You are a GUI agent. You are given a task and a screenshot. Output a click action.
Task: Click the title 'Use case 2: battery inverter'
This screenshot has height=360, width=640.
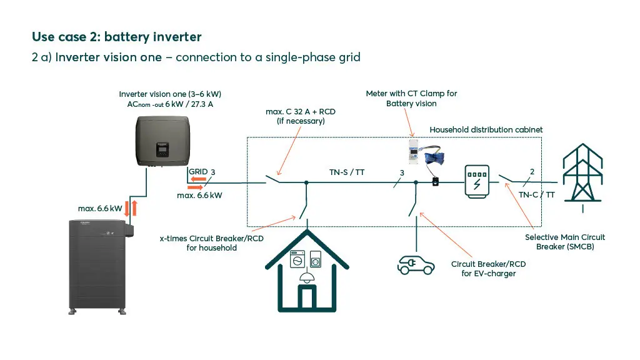pyautogui.click(x=116, y=37)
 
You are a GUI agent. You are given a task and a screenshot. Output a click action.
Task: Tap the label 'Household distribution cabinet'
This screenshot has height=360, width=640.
pyautogui.click(x=486, y=129)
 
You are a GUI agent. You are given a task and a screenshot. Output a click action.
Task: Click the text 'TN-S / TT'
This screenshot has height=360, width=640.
pyautogui.click(x=347, y=172)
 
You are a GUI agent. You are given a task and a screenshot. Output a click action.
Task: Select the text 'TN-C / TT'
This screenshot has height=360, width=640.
pyautogui.click(x=537, y=194)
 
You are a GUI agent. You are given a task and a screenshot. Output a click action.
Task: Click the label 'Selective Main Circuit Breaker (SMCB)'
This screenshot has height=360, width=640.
pyautogui.click(x=565, y=242)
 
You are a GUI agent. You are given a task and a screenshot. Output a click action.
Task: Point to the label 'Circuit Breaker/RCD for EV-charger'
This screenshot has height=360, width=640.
pyautogui.click(x=488, y=269)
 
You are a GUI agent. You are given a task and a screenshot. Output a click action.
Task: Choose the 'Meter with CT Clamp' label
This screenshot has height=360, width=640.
pyautogui.click(x=411, y=98)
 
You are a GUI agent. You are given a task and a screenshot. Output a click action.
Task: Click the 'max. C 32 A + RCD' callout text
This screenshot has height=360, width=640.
pyautogui.click(x=301, y=116)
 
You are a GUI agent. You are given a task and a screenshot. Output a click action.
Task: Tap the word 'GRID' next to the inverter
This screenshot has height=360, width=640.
pyautogui.click(x=198, y=171)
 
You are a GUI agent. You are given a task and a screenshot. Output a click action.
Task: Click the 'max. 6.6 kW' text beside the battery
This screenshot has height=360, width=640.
pyautogui.click(x=100, y=208)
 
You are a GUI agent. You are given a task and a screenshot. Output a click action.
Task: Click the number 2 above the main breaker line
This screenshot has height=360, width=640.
pyautogui.click(x=532, y=171)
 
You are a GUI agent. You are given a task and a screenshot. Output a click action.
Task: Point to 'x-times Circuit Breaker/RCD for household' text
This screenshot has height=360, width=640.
pyautogui.click(x=212, y=243)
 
